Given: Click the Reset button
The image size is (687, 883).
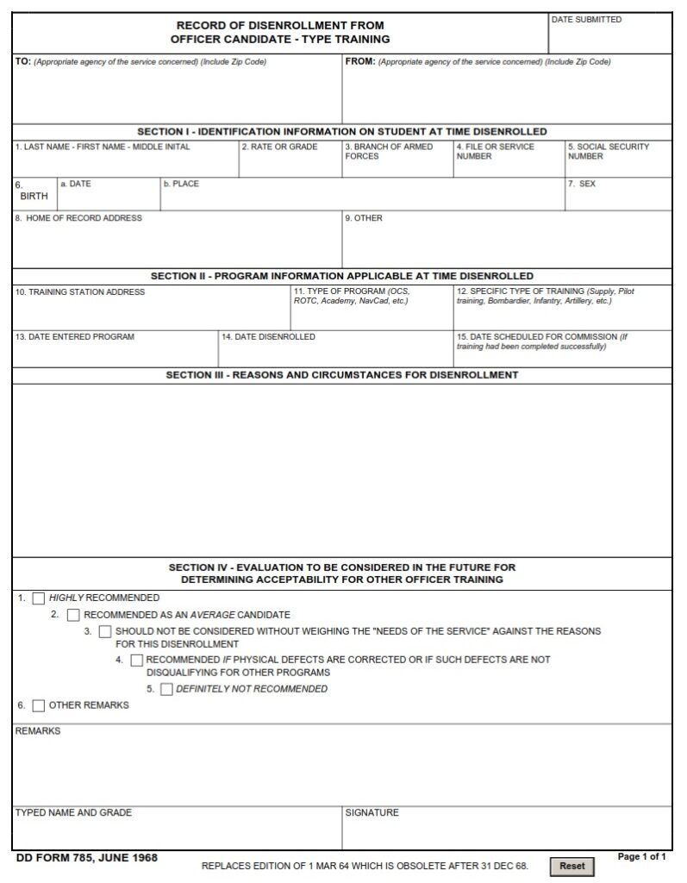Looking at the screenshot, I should [x=571, y=866].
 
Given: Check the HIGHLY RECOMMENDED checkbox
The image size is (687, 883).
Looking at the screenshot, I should [x=39, y=598].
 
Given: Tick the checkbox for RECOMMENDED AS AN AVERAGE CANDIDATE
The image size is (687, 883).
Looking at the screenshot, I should [x=73, y=616].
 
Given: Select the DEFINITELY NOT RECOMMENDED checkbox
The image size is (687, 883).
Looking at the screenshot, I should [x=166, y=689].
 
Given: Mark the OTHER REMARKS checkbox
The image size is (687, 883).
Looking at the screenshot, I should [x=39, y=705].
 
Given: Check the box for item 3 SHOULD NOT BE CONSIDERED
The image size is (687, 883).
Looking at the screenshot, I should [x=105, y=632].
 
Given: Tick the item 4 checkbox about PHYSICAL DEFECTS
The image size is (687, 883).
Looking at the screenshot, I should [x=137, y=661].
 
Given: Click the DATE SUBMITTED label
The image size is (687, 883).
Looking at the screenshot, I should [x=586, y=20].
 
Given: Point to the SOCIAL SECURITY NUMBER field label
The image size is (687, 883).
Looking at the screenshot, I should [x=608, y=152].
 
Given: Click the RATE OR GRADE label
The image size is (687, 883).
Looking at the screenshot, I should [x=279, y=147].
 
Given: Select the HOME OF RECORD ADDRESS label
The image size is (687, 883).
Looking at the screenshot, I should [x=78, y=218].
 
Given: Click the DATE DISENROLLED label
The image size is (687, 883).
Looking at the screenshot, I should [x=268, y=337].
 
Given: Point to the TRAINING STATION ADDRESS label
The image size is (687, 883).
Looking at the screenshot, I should [x=80, y=292].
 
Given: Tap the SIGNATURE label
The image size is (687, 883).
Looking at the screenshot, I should [x=372, y=813].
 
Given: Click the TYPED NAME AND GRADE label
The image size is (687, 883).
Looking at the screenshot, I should [x=73, y=813].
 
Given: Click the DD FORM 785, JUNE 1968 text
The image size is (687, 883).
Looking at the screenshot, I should [x=86, y=858].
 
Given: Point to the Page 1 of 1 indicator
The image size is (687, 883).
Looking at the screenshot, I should [x=642, y=857].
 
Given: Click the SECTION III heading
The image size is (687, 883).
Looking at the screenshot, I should [x=342, y=376].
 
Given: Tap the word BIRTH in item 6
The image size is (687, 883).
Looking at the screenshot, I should [x=34, y=196].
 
